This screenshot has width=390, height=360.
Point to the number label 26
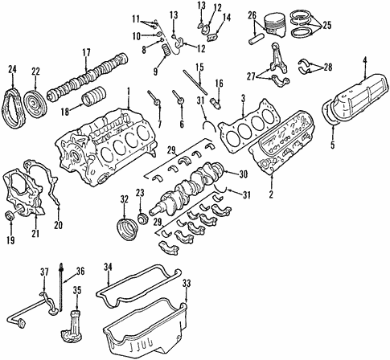tap(251, 15)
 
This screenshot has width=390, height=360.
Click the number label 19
tap(11, 239)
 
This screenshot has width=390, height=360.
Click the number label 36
tap(80, 270)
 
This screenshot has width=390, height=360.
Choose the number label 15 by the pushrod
tap(199, 66)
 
